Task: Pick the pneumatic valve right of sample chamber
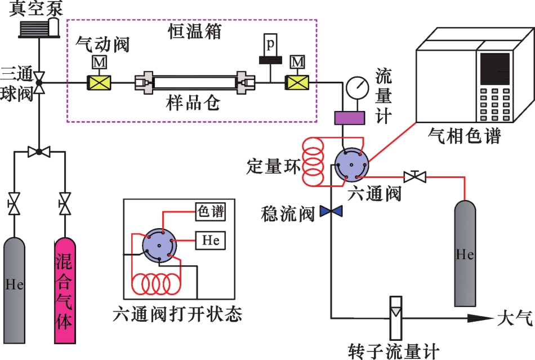click(297, 83)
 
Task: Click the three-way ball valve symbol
click(39, 82)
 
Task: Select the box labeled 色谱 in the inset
click(210, 212)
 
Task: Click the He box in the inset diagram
click(210, 241)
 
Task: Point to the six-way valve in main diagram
click(350, 165)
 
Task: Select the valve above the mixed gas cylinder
click(65, 202)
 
